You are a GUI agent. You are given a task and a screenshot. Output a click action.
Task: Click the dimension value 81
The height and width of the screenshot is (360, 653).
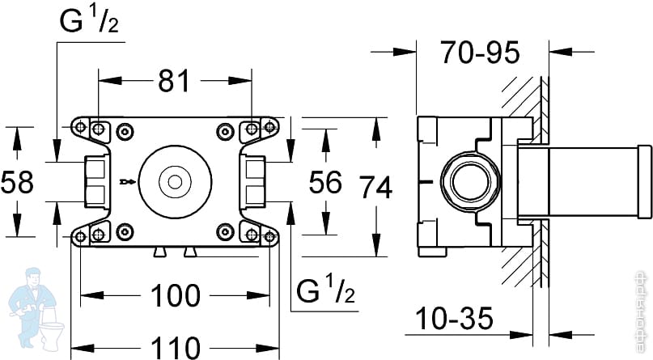173,81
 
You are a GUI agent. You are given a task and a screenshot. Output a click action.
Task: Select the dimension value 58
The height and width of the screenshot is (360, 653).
17,182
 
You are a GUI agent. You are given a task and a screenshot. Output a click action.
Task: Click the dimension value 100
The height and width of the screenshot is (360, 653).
176,295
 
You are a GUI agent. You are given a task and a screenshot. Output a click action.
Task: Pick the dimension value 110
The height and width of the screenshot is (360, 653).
176,348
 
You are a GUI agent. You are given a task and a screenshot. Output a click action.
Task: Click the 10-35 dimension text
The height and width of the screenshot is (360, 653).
456,319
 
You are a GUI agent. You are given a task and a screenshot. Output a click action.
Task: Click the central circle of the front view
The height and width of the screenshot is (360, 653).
175,182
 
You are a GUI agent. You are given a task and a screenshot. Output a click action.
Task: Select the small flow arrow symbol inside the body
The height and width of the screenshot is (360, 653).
125,182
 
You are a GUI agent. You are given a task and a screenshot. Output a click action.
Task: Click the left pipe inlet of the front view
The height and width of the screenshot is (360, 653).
95,182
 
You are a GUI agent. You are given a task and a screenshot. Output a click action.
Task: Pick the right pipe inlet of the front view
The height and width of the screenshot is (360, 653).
254,182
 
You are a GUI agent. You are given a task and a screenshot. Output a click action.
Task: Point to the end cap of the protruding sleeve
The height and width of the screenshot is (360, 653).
644,182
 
